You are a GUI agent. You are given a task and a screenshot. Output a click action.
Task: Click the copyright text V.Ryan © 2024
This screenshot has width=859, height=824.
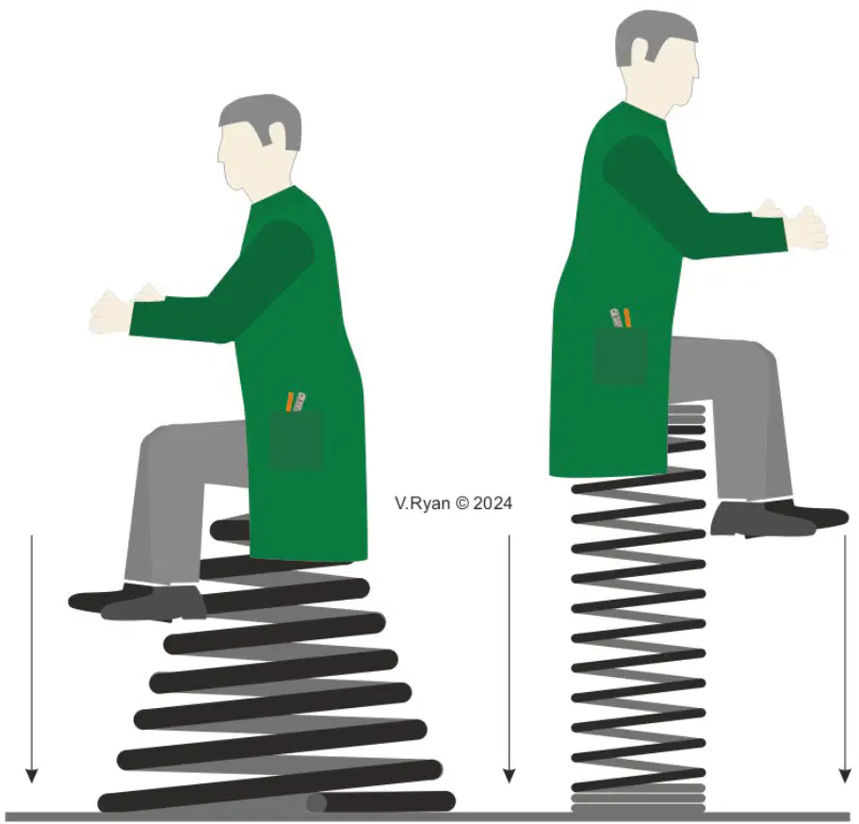pos(453,503)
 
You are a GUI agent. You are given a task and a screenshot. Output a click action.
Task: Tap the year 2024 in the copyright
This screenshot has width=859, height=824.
pos(493,503)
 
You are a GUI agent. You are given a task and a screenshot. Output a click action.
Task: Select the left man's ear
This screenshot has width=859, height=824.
pos(276,136)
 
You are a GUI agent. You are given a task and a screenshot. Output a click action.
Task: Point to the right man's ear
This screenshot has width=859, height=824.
pos(640,52)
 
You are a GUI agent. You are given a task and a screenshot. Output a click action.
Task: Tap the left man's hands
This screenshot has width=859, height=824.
pos(126,310)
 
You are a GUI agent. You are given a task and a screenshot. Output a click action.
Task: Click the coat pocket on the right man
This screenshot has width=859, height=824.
pos(621,355)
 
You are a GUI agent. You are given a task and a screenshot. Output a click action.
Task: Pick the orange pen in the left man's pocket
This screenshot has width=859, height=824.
pos(289,402)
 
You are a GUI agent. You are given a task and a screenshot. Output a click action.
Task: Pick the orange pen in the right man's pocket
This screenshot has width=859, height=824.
pos(626,319)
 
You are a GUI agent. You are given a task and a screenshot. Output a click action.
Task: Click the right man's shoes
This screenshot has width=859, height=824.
pos(779,519)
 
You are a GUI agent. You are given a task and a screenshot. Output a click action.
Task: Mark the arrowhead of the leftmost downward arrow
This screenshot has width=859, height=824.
pos(32,776)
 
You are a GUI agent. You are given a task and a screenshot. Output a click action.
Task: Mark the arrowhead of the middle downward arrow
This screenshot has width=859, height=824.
pos(510,776)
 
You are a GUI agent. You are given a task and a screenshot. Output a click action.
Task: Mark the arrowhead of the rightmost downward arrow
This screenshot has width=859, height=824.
pos(845,776)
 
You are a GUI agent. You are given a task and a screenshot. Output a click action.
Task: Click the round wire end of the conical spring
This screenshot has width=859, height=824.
pos(316,802)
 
